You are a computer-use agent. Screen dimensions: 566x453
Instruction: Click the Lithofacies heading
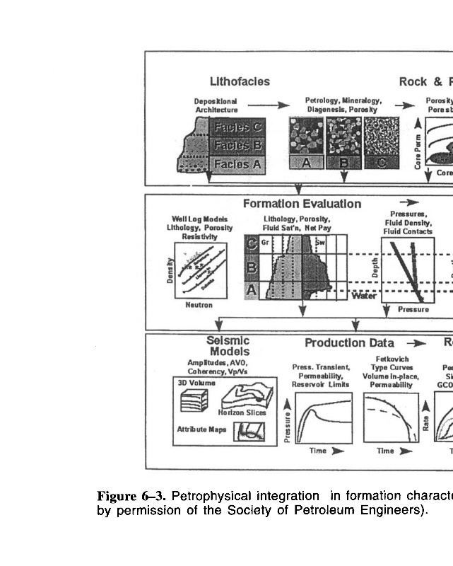point(240,81)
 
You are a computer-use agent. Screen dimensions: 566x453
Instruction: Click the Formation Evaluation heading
point(302,204)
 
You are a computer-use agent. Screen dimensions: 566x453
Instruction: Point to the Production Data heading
point(349,343)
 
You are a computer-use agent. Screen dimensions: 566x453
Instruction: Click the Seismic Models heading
point(228,346)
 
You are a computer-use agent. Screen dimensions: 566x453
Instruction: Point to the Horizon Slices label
point(242,412)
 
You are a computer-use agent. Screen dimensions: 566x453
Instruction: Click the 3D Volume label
point(192,382)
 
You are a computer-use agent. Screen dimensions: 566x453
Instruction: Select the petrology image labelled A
point(305,141)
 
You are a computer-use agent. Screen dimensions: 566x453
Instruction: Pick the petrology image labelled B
point(344,141)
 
